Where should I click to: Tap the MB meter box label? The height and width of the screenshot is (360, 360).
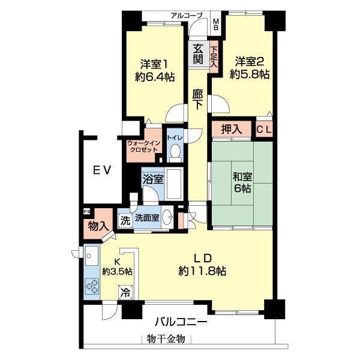pyautogui.click(x=216, y=25)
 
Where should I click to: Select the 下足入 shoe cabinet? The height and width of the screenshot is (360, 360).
pyautogui.click(x=214, y=56)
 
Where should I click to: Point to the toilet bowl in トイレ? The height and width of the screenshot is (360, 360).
pyautogui.click(x=176, y=152)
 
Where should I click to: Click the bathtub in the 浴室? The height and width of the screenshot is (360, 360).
pyautogui.click(x=174, y=184)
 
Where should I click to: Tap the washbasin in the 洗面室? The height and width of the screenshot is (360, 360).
pyautogui.click(x=167, y=217)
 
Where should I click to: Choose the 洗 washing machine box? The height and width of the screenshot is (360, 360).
pyautogui.click(x=125, y=221)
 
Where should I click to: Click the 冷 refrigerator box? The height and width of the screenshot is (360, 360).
pyautogui.click(x=125, y=292)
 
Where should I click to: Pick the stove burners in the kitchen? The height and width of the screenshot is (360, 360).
pyautogui.click(x=92, y=286)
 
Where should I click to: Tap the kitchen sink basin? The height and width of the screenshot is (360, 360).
pyautogui.click(x=92, y=256)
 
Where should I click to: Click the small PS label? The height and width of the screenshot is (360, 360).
pyautogui.click(x=86, y=211)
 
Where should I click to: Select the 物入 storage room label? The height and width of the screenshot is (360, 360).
pyautogui.click(x=98, y=226)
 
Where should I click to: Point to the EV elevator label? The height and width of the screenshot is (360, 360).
pyautogui.click(x=102, y=170)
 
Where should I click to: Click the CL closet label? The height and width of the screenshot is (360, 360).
pyautogui.click(x=264, y=130)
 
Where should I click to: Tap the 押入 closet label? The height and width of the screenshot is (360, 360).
pyautogui.click(x=232, y=129)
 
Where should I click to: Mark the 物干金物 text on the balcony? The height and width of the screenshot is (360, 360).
pyautogui.click(x=166, y=339)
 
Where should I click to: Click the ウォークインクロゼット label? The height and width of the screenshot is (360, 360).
pyautogui.click(x=143, y=146)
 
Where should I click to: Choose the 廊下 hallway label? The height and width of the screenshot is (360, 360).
pyautogui.click(x=197, y=99)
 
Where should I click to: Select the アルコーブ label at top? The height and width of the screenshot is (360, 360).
pyautogui.click(x=187, y=16)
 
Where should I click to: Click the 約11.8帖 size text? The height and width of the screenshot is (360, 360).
pyautogui.click(x=202, y=271)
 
